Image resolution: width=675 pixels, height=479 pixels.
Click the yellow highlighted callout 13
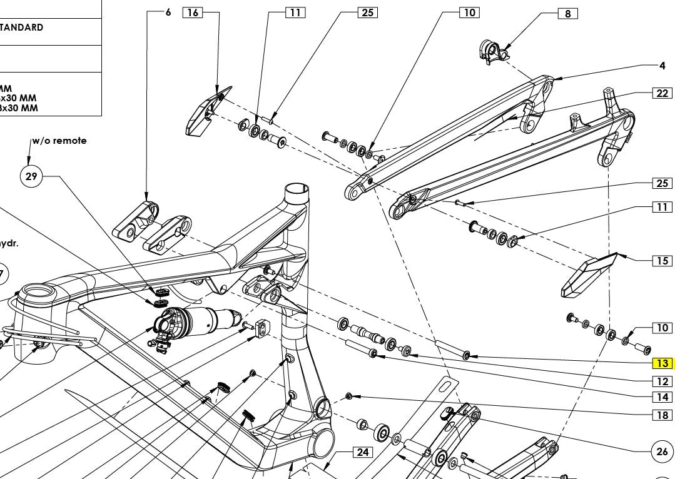click(662, 363)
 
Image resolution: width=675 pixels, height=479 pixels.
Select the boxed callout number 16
click(193, 13)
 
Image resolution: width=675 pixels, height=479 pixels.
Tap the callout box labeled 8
click(567, 14)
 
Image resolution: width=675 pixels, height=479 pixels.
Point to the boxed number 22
click(662, 93)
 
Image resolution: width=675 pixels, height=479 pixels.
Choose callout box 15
click(662, 261)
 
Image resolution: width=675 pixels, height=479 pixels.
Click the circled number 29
click(31, 176)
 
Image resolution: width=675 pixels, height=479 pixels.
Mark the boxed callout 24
click(363, 452)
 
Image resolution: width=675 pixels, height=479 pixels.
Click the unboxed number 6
click(168, 12)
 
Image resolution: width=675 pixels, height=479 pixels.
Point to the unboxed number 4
click(662, 66)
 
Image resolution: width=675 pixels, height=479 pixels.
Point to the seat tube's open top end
click(298, 188)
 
